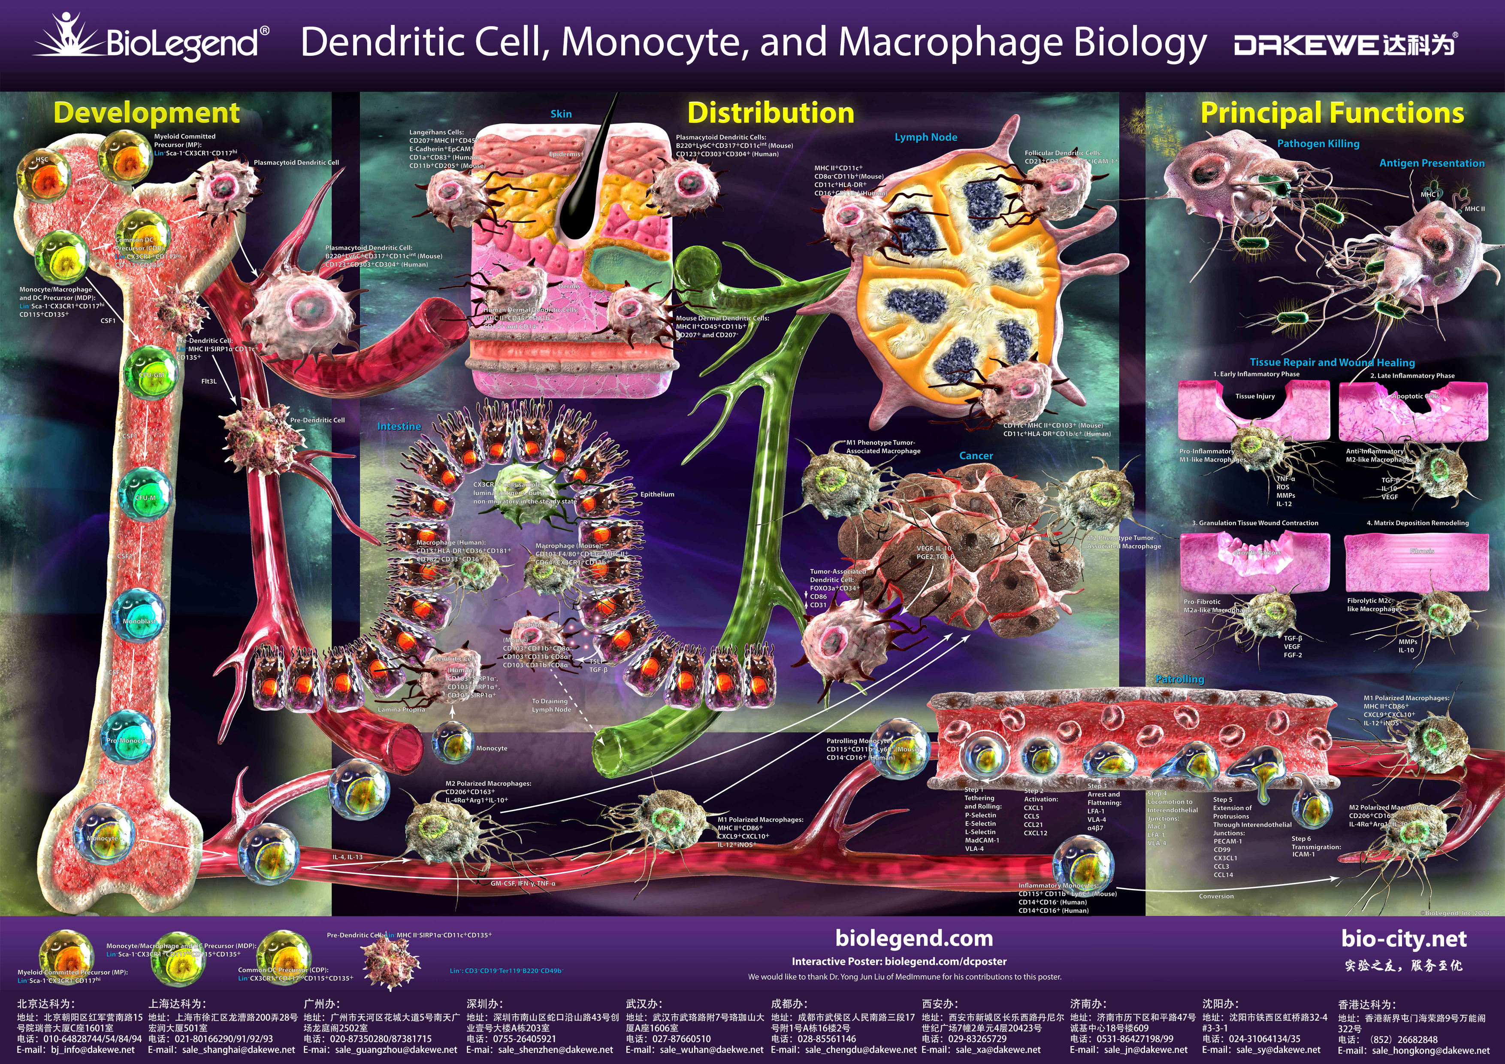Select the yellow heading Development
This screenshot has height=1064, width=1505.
[x=146, y=113]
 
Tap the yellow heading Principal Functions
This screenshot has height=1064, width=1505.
[x=1332, y=113]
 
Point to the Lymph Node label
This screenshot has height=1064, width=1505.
[x=925, y=137]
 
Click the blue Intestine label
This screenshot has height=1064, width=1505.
[x=399, y=426]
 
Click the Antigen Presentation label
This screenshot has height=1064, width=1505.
[x=1432, y=163]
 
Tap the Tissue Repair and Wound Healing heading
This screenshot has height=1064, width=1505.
[x=1332, y=363]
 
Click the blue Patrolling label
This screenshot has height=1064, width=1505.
[x=1179, y=679]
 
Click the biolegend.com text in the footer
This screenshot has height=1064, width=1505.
[x=914, y=938]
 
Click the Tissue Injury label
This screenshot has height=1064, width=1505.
[x=1254, y=396]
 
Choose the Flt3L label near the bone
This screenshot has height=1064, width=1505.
[x=209, y=381]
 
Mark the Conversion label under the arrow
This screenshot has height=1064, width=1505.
[x=1216, y=896]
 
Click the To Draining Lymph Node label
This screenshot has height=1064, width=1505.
[x=550, y=706]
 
